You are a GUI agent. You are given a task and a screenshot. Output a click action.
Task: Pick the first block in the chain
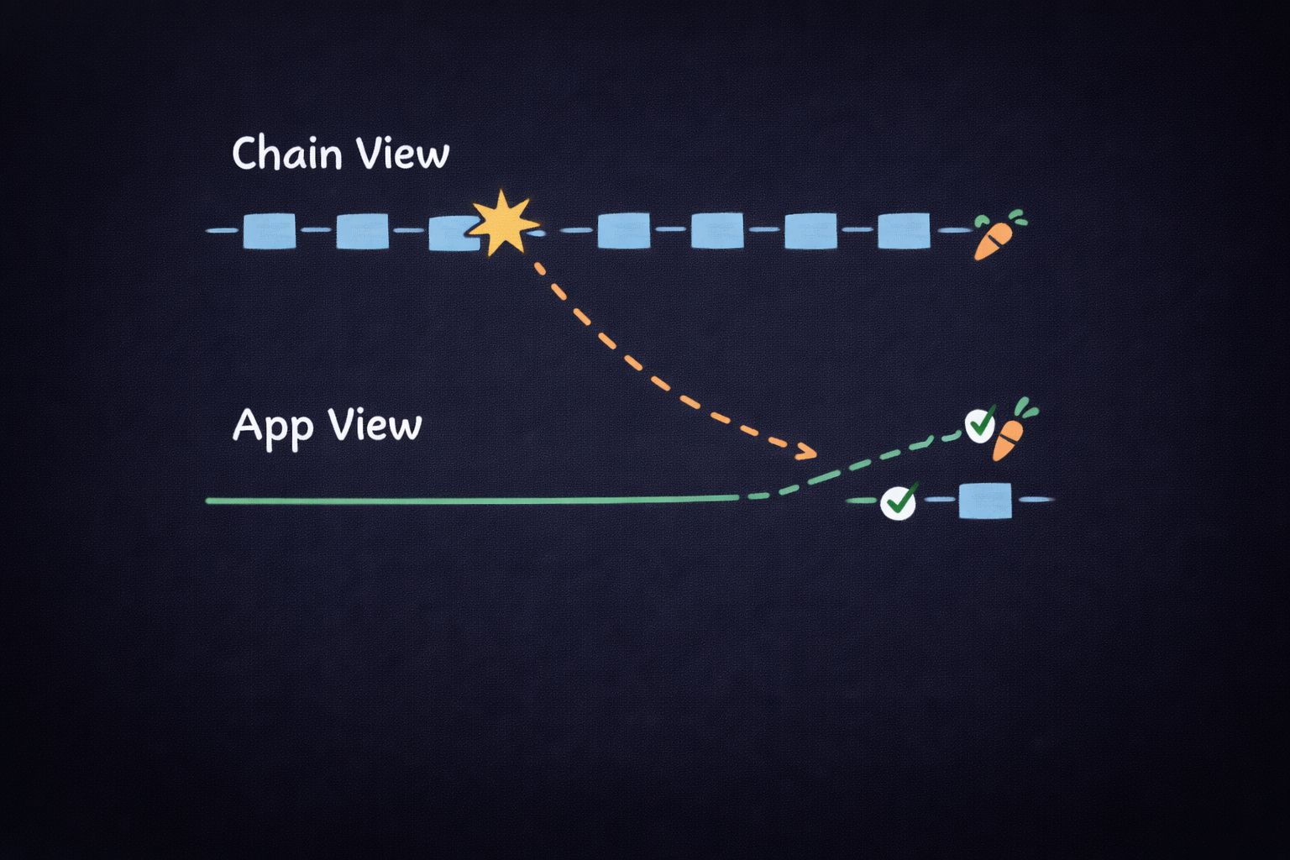click(x=270, y=231)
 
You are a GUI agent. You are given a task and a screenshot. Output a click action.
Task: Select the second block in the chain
click(x=363, y=231)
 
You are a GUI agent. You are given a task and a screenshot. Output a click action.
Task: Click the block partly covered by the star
click(x=451, y=233)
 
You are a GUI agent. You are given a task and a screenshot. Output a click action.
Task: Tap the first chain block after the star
click(x=624, y=231)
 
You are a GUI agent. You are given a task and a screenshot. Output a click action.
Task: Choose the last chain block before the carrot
click(x=904, y=231)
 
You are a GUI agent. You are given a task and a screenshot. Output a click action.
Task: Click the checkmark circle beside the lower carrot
click(x=978, y=425)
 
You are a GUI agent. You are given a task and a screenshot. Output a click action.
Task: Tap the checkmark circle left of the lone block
click(x=898, y=502)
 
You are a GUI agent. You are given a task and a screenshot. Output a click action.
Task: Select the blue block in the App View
click(x=985, y=500)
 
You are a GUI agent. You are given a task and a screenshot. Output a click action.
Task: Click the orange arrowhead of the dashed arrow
click(x=807, y=454)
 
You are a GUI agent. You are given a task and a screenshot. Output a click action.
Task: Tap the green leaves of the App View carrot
click(x=1025, y=409)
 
